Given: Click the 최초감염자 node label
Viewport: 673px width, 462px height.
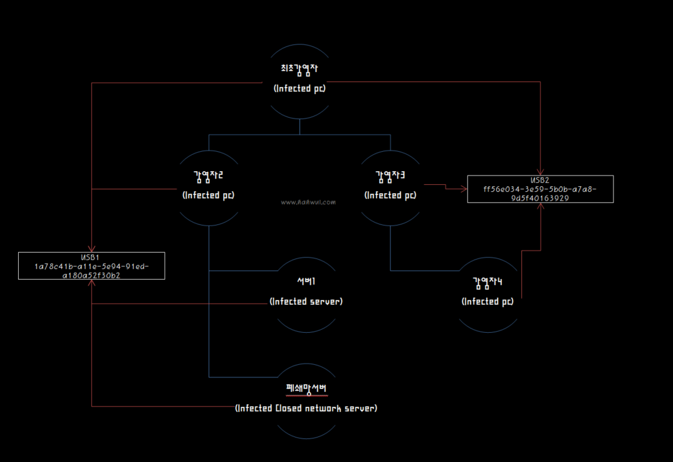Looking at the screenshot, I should click(x=300, y=68).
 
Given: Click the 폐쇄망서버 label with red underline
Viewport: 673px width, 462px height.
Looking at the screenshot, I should click(x=306, y=389).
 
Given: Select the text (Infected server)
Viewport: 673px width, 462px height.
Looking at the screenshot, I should click(x=306, y=302).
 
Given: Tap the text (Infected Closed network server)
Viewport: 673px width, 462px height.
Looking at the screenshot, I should click(x=306, y=409).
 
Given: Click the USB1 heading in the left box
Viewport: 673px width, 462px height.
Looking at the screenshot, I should click(x=91, y=258).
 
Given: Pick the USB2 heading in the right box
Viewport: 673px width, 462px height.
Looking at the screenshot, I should click(x=540, y=181).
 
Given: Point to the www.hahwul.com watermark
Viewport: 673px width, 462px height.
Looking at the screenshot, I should click(x=308, y=202).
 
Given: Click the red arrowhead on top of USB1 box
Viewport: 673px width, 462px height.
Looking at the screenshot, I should click(x=92, y=249).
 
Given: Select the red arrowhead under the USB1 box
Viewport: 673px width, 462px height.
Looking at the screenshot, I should click(x=92, y=283).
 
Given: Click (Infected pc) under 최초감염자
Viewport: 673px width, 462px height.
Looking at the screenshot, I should click(x=300, y=88).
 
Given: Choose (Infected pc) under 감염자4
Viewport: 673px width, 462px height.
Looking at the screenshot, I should click(x=488, y=302).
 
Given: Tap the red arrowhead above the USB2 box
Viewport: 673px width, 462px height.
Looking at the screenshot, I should click(x=540, y=172).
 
